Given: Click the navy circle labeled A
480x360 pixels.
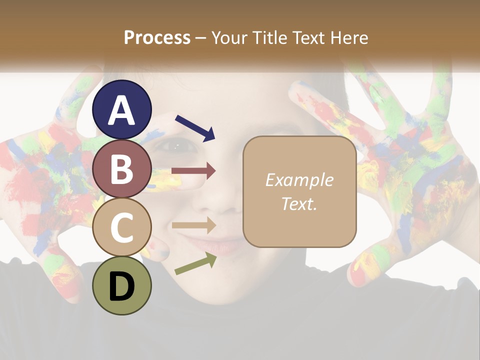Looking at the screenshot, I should click(122, 109).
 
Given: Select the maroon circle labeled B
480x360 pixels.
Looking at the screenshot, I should click(122, 168).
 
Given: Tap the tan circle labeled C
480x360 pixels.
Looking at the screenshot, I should click(122, 227).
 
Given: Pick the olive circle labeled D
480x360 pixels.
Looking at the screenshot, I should click(122, 286).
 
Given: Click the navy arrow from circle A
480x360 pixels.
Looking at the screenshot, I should click(195, 127).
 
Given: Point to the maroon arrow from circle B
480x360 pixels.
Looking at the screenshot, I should click(193, 171).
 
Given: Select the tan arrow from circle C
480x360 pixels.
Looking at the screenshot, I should click(193, 225).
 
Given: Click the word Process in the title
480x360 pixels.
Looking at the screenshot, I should click(157, 37).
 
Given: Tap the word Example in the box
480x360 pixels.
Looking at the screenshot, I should click(299, 180).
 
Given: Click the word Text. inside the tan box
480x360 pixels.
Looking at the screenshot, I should click(299, 203).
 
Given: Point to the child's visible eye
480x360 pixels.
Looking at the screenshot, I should click(173, 146).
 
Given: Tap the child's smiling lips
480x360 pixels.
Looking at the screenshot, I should click(220, 245).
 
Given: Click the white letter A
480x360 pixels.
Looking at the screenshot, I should click(122, 110).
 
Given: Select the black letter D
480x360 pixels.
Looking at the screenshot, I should click(122, 286).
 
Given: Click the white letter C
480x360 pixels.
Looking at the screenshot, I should click(122, 228).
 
